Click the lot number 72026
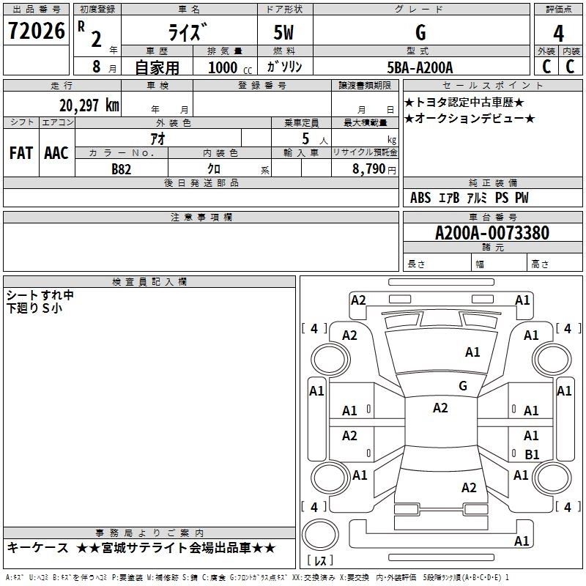click(x=35, y=31)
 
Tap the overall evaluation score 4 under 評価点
click(x=559, y=34)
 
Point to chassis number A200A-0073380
click(x=492, y=234)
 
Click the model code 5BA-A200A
click(x=420, y=67)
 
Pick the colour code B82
click(x=122, y=168)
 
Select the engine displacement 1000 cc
click(x=227, y=68)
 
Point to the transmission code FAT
click(x=21, y=152)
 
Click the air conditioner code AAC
click(x=56, y=152)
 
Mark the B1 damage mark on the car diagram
click(x=532, y=454)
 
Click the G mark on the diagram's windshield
click(x=463, y=386)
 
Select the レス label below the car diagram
click(x=320, y=561)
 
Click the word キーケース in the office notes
click(x=37, y=548)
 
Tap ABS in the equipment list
click(x=420, y=198)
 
